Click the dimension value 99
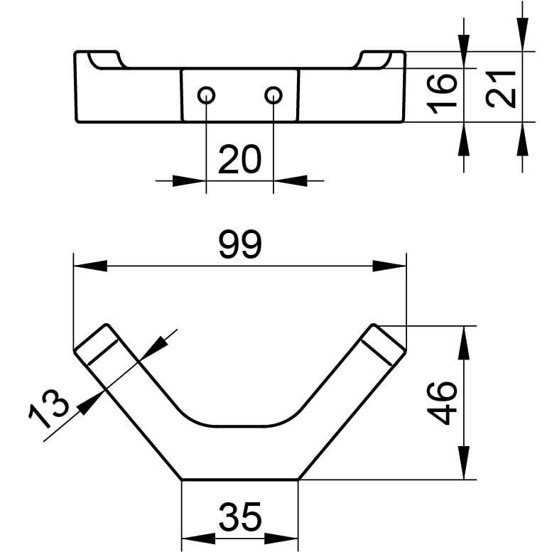[x=240, y=244]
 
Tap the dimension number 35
[x=240, y=516]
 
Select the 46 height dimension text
[x=443, y=404]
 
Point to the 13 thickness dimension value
[x=48, y=408]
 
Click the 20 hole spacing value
[x=239, y=159]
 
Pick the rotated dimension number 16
[x=442, y=94]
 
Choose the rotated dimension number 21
[x=501, y=89]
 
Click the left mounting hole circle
[x=206, y=95]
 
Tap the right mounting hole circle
[x=274, y=95]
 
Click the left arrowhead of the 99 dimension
[x=90, y=266]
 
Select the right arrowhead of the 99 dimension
[x=389, y=266]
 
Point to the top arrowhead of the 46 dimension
[x=464, y=343]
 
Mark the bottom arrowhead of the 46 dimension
[x=464, y=462]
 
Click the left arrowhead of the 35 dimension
[x=198, y=539]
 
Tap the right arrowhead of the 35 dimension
[x=281, y=539]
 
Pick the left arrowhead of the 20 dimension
[x=190, y=181]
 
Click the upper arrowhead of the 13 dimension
[x=153, y=348]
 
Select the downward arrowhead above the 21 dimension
[x=522, y=35]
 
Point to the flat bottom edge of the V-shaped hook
[x=239, y=480]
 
